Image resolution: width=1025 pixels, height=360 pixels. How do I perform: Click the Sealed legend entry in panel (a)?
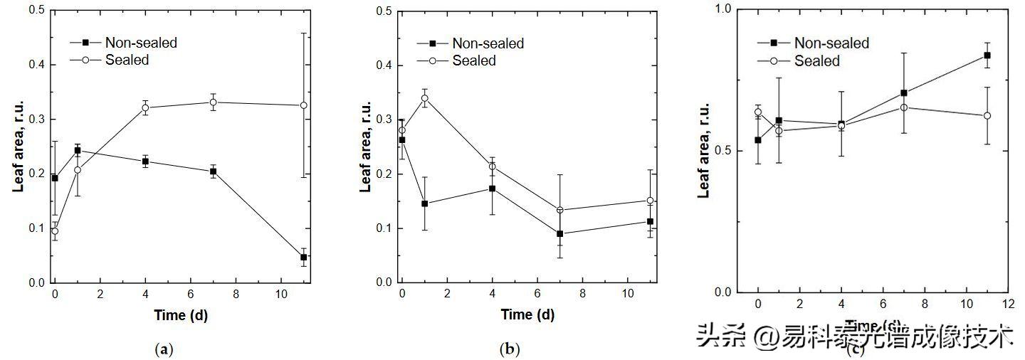(127, 60)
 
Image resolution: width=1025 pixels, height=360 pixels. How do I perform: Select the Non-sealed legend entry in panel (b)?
(488, 43)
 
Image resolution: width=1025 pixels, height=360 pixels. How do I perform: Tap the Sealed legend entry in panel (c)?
(817, 61)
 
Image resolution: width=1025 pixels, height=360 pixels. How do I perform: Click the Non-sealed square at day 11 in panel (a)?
(303, 257)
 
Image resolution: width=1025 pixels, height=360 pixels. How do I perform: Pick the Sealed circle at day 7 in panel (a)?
(213, 102)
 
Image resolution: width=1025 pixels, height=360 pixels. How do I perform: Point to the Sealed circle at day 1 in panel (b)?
(424, 98)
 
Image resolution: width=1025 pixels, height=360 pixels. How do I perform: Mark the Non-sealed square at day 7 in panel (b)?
(560, 233)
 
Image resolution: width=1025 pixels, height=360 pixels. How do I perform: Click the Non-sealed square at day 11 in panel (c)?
(987, 55)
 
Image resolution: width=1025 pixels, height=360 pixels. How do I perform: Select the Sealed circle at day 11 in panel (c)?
(987, 115)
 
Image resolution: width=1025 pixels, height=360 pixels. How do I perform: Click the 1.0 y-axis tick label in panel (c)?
(725, 9)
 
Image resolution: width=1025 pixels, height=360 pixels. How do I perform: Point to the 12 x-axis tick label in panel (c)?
(1008, 303)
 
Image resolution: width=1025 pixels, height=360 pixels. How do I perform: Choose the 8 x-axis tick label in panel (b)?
(582, 293)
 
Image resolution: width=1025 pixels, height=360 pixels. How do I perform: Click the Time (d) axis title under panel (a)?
(181, 314)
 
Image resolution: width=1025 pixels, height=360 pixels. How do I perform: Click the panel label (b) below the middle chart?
(510, 349)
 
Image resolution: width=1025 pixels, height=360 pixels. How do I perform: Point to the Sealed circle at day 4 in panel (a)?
(145, 107)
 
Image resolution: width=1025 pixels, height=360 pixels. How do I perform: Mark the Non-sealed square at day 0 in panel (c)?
(758, 140)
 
